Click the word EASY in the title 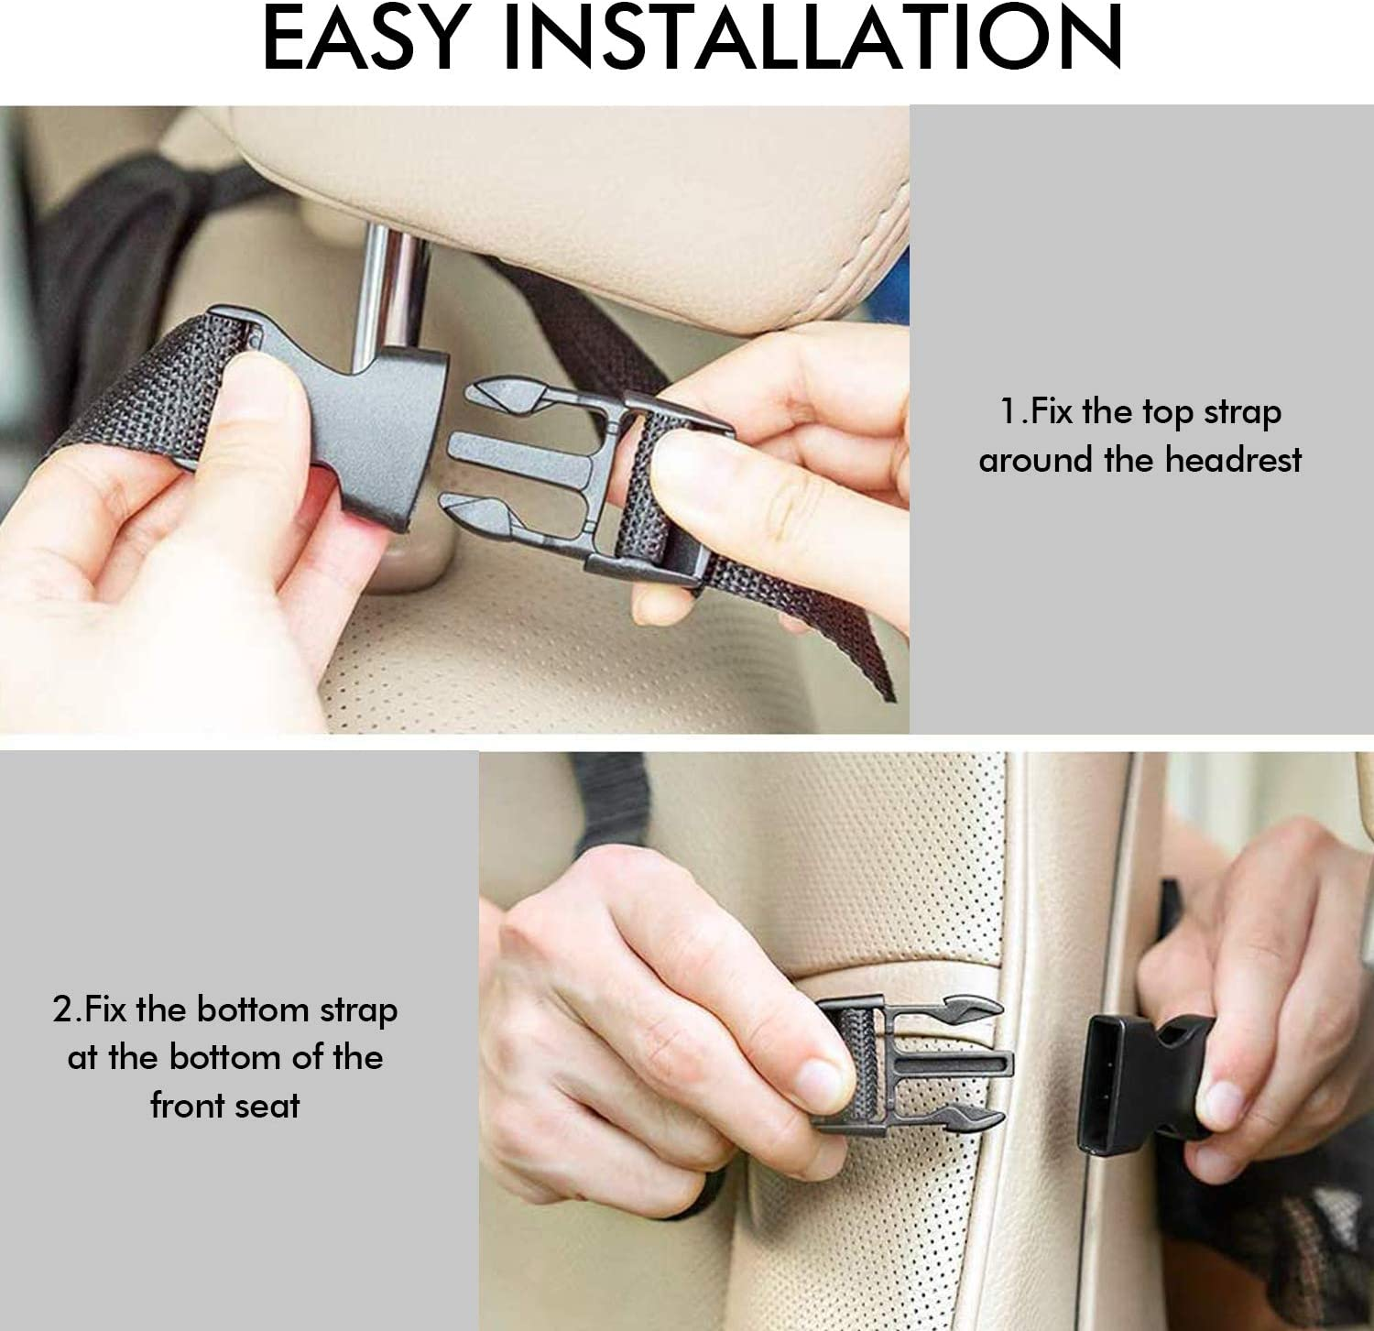coord(365,38)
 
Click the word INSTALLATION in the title coord(813,38)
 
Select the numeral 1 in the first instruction coord(1009,411)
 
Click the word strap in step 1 coord(1242,413)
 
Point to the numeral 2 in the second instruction coord(63,1009)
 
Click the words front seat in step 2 coord(225,1106)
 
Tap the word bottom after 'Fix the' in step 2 coord(253,1009)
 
